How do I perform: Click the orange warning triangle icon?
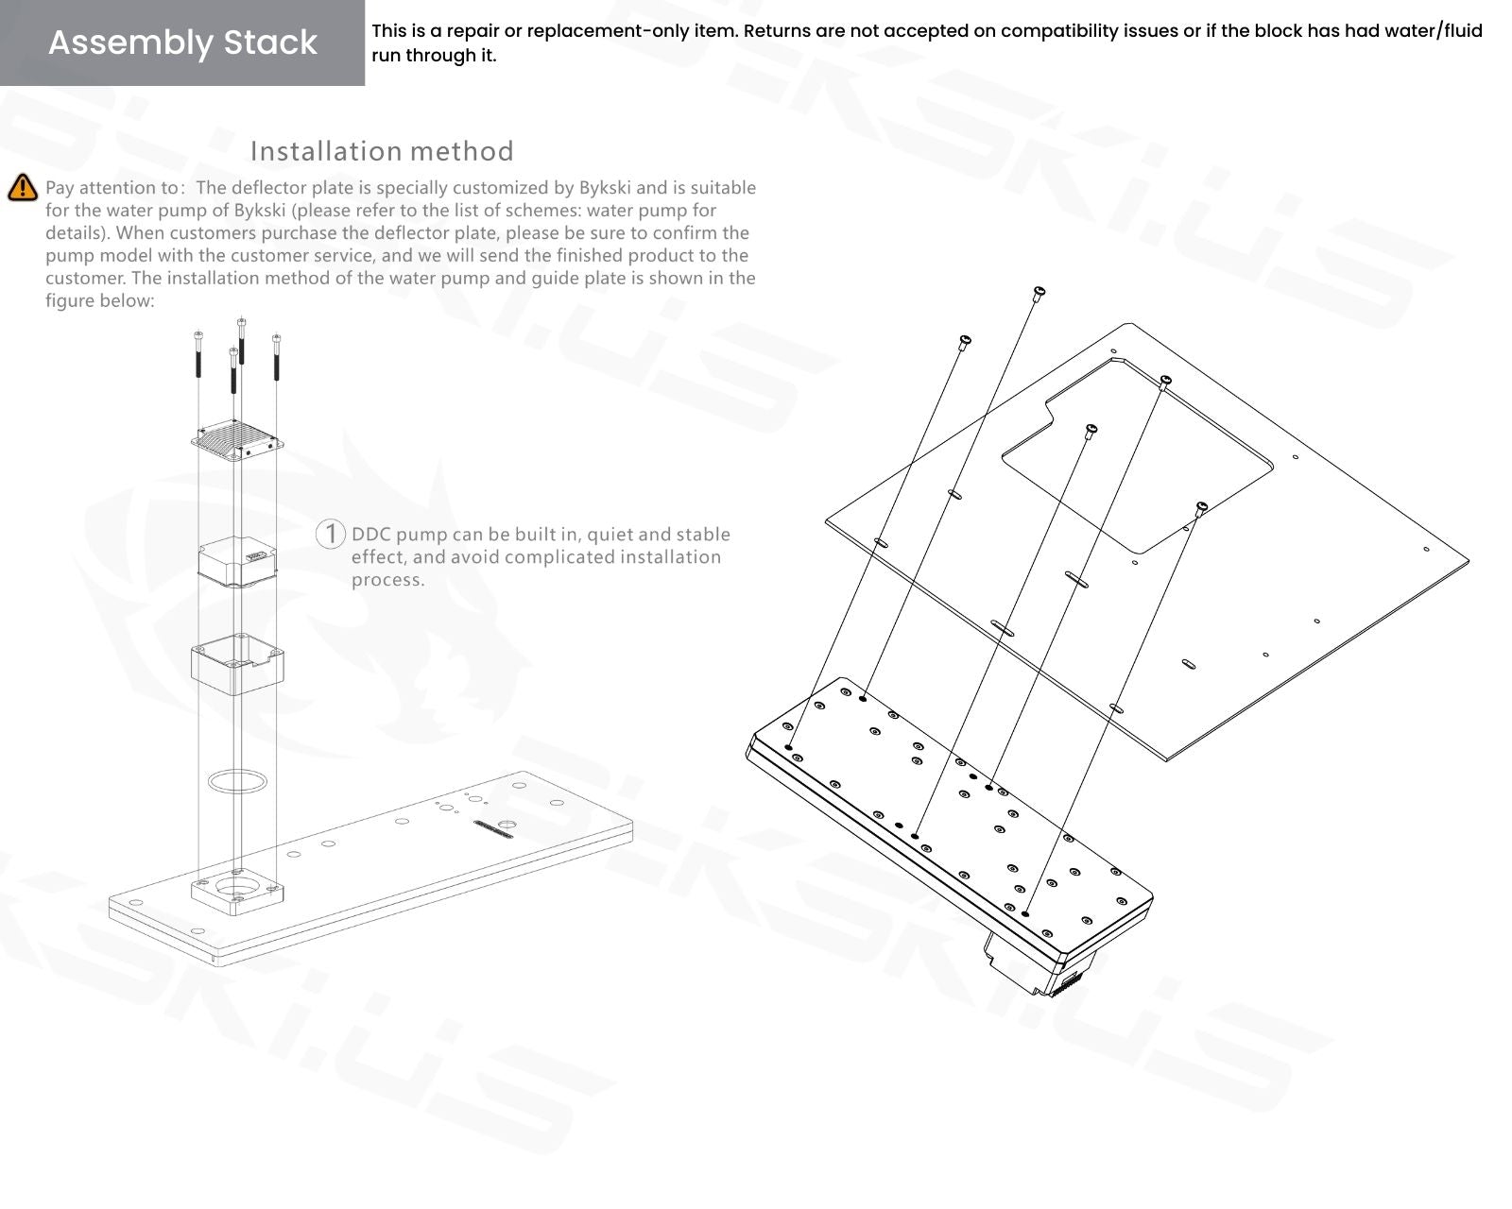point(22,188)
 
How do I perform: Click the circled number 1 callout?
point(330,534)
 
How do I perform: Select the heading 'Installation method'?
point(382,151)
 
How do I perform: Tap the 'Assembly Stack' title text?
point(182,43)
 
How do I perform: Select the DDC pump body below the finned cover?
point(237,562)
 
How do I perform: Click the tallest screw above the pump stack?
point(242,340)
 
